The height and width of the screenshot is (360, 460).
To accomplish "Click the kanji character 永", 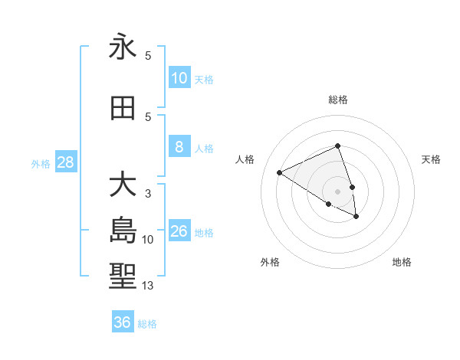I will point(123,48).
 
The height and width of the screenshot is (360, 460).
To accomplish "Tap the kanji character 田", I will point(123,109).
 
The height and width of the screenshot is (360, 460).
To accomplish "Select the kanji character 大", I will point(123,186).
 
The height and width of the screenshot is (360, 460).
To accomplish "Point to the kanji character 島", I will point(123,230).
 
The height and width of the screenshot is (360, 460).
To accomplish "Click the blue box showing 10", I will point(179,78).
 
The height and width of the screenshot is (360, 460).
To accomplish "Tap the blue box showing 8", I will point(179,147).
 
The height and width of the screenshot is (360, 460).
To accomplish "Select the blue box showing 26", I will point(179,231).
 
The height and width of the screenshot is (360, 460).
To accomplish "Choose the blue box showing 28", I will point(65,162).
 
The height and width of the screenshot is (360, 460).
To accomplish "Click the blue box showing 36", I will point(123,322).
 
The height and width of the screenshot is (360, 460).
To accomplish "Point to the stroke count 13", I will point(148,286).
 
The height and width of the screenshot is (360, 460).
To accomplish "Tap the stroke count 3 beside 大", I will point(148,194).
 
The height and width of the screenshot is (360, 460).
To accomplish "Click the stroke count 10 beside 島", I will point(148,240).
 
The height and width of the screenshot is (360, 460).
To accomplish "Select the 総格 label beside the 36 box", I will point(147,324).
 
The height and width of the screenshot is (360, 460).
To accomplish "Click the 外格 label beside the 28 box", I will point(41,163).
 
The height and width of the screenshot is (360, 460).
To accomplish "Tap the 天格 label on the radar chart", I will point(432,159).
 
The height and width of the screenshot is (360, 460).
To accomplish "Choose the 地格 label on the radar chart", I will point(402,262).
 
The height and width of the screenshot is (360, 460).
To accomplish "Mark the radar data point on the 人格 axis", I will point(280,173).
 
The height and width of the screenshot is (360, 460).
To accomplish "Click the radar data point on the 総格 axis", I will point(337,146).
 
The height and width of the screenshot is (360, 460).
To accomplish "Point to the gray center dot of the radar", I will point(337,191).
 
